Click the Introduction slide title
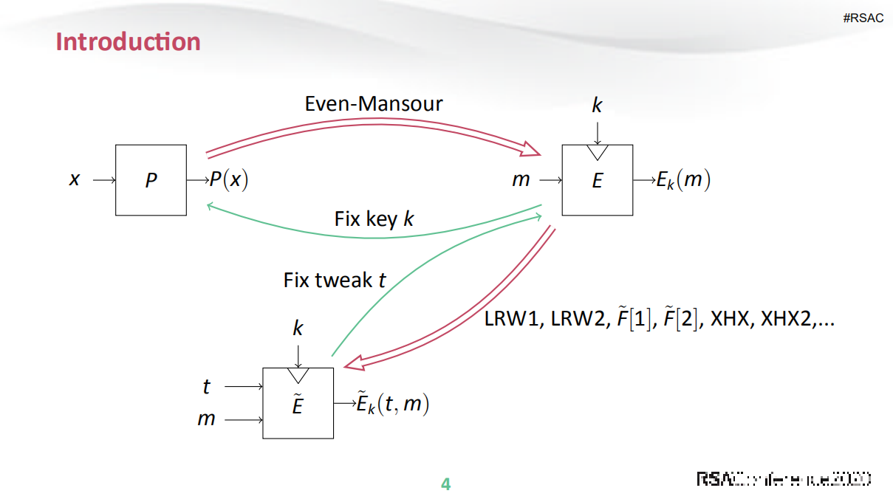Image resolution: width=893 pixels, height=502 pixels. coord(128,41)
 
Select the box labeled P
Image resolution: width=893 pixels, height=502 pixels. coord(151,180)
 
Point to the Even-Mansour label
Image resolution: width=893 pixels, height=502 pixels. coord(374,103)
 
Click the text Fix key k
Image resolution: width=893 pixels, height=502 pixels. coord(374,219)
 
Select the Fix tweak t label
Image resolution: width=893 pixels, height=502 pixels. coord(335,280)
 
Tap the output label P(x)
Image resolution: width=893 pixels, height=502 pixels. coord(229,180)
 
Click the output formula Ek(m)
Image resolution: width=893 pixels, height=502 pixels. coord(683,180)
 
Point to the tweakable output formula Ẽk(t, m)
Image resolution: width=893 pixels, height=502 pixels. coord(392,404)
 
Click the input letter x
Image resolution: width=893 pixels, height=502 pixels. coord(74,179)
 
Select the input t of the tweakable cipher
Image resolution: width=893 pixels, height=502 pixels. coord(206,386)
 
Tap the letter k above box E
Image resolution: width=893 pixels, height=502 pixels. coord(597,106)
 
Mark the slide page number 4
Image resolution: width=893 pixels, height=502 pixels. coord(445,484)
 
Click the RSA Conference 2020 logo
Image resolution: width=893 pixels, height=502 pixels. coord(784,478)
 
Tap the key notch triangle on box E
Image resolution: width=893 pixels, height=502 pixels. coord(597,151)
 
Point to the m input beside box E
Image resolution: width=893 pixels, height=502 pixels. coord(521,180)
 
